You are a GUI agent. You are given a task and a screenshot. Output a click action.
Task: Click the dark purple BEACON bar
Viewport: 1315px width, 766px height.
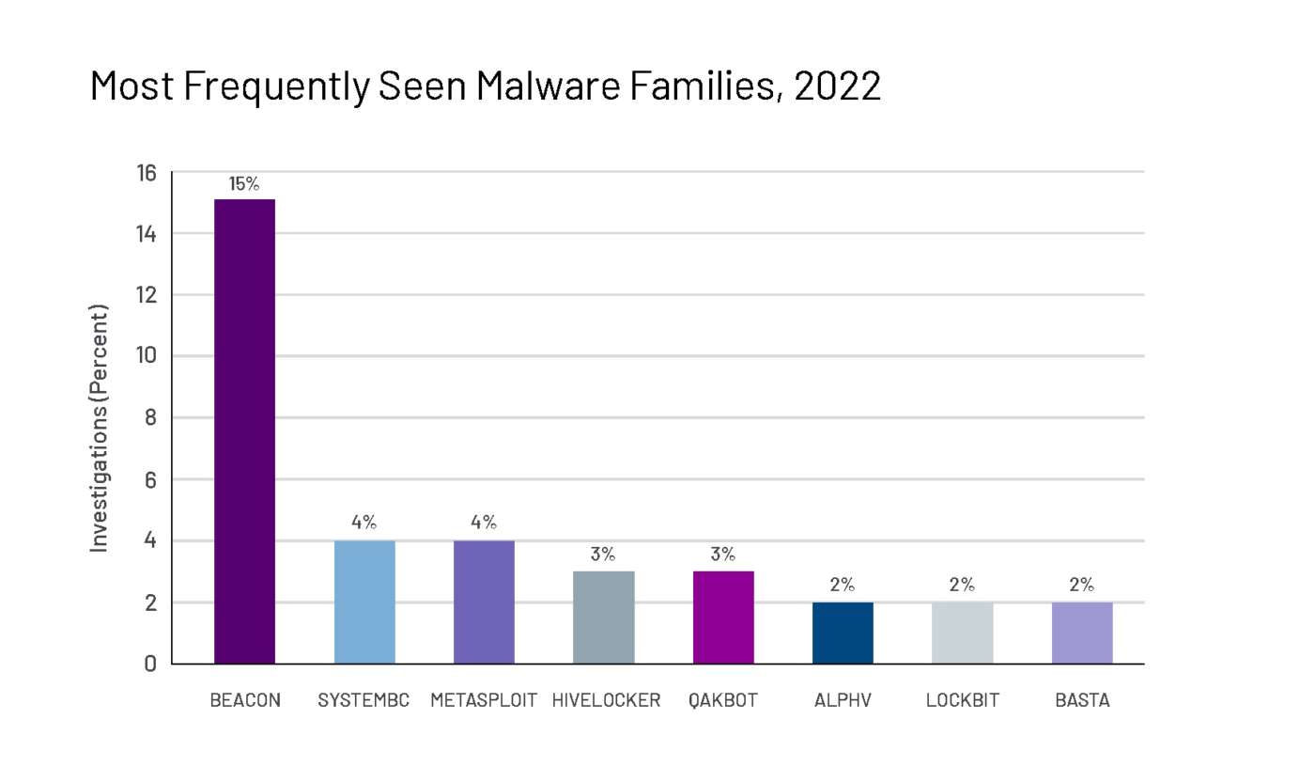(x=244, y=431)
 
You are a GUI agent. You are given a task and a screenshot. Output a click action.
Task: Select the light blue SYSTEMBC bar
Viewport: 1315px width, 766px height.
(x=364, y=602)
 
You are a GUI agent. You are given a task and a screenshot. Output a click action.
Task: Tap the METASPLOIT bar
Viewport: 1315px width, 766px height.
(x=484, y=602)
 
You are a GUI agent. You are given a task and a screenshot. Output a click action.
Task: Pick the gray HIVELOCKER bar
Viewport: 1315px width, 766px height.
(x=603, y=617)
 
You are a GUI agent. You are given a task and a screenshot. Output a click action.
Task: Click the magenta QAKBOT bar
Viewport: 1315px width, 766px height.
(x=723, y=617)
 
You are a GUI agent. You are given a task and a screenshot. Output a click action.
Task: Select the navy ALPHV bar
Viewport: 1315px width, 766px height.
(x=843, y=633)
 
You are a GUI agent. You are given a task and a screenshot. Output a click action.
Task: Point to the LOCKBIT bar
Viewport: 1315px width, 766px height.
(x=962, y=633)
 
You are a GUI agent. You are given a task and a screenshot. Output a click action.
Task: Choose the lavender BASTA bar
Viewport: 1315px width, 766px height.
(x=1082, y=633)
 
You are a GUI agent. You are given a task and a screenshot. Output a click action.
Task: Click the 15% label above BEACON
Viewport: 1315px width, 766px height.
(x=244, y=184)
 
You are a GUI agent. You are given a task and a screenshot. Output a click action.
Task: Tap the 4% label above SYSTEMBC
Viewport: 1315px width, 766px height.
(x=364, y=523)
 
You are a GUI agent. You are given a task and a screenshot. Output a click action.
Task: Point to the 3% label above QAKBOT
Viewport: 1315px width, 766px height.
(x=723, y=555)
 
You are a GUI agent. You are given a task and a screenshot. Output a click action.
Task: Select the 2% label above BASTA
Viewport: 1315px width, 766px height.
(x=1082, y=585)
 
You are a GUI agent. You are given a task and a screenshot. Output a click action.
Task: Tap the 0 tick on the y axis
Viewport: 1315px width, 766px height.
(x=150, y=664)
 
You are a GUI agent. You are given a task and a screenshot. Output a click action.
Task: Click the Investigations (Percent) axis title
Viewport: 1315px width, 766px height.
(x=100, y=428)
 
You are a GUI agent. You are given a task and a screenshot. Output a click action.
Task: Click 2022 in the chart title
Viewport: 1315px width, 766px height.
(x=837, y=86)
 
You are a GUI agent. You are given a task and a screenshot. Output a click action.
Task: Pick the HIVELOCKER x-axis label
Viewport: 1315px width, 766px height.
(x=606, y=701)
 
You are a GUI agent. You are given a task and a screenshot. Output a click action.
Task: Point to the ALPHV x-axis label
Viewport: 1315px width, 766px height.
(x=843, y=701)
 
